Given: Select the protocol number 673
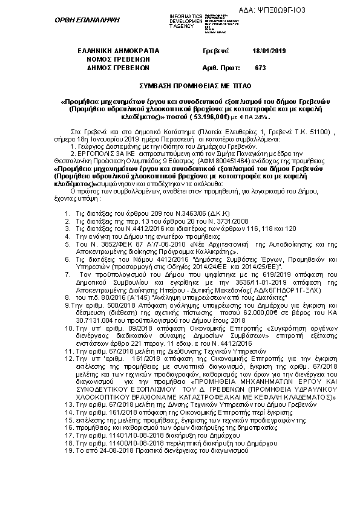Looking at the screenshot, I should (x=261, y=68).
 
